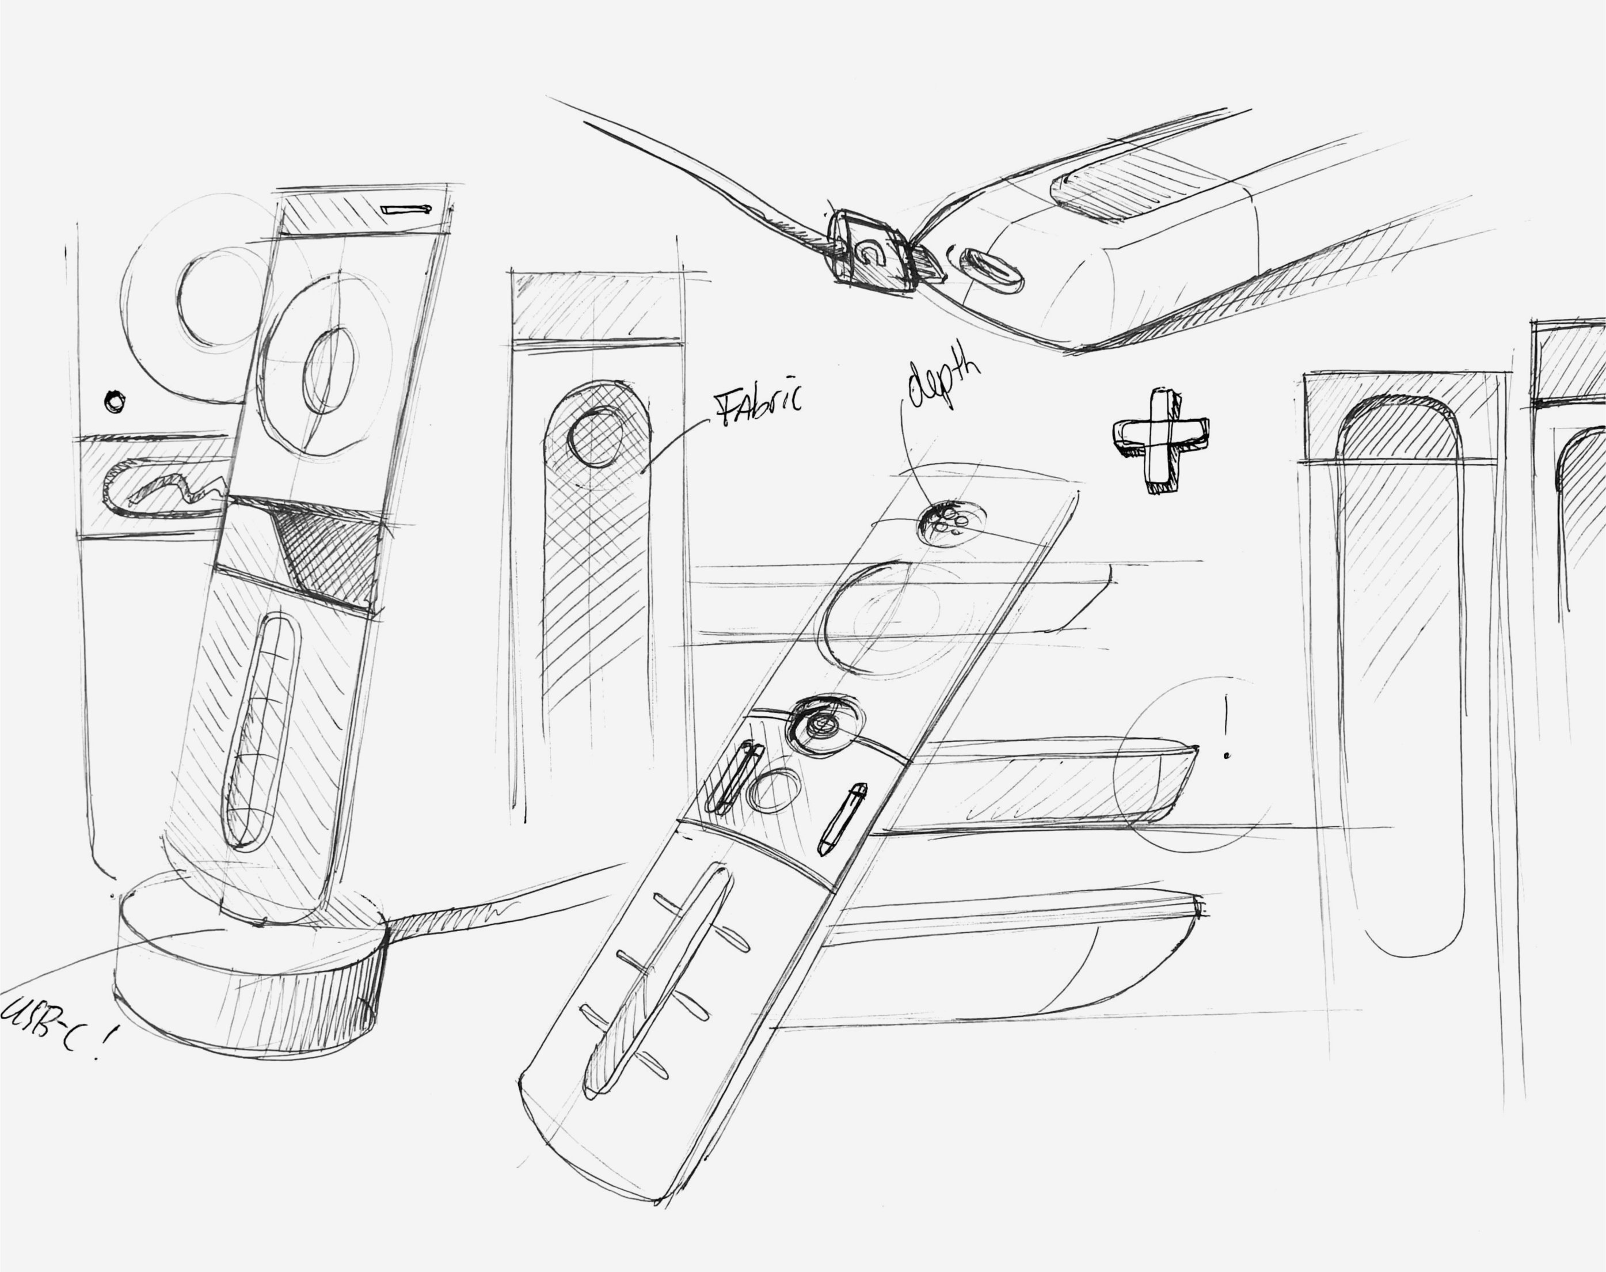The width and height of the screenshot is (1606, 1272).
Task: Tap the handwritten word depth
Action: click(942, 382)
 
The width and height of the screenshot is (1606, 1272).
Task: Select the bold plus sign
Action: click(1160, 439)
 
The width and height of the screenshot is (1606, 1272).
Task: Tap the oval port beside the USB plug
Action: click(991, 270)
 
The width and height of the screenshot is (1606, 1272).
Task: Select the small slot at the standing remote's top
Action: click(406, 209)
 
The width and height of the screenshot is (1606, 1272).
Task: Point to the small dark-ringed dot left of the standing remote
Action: click(115, 402)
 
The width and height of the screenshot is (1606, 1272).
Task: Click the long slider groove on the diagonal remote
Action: click(655, 979)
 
